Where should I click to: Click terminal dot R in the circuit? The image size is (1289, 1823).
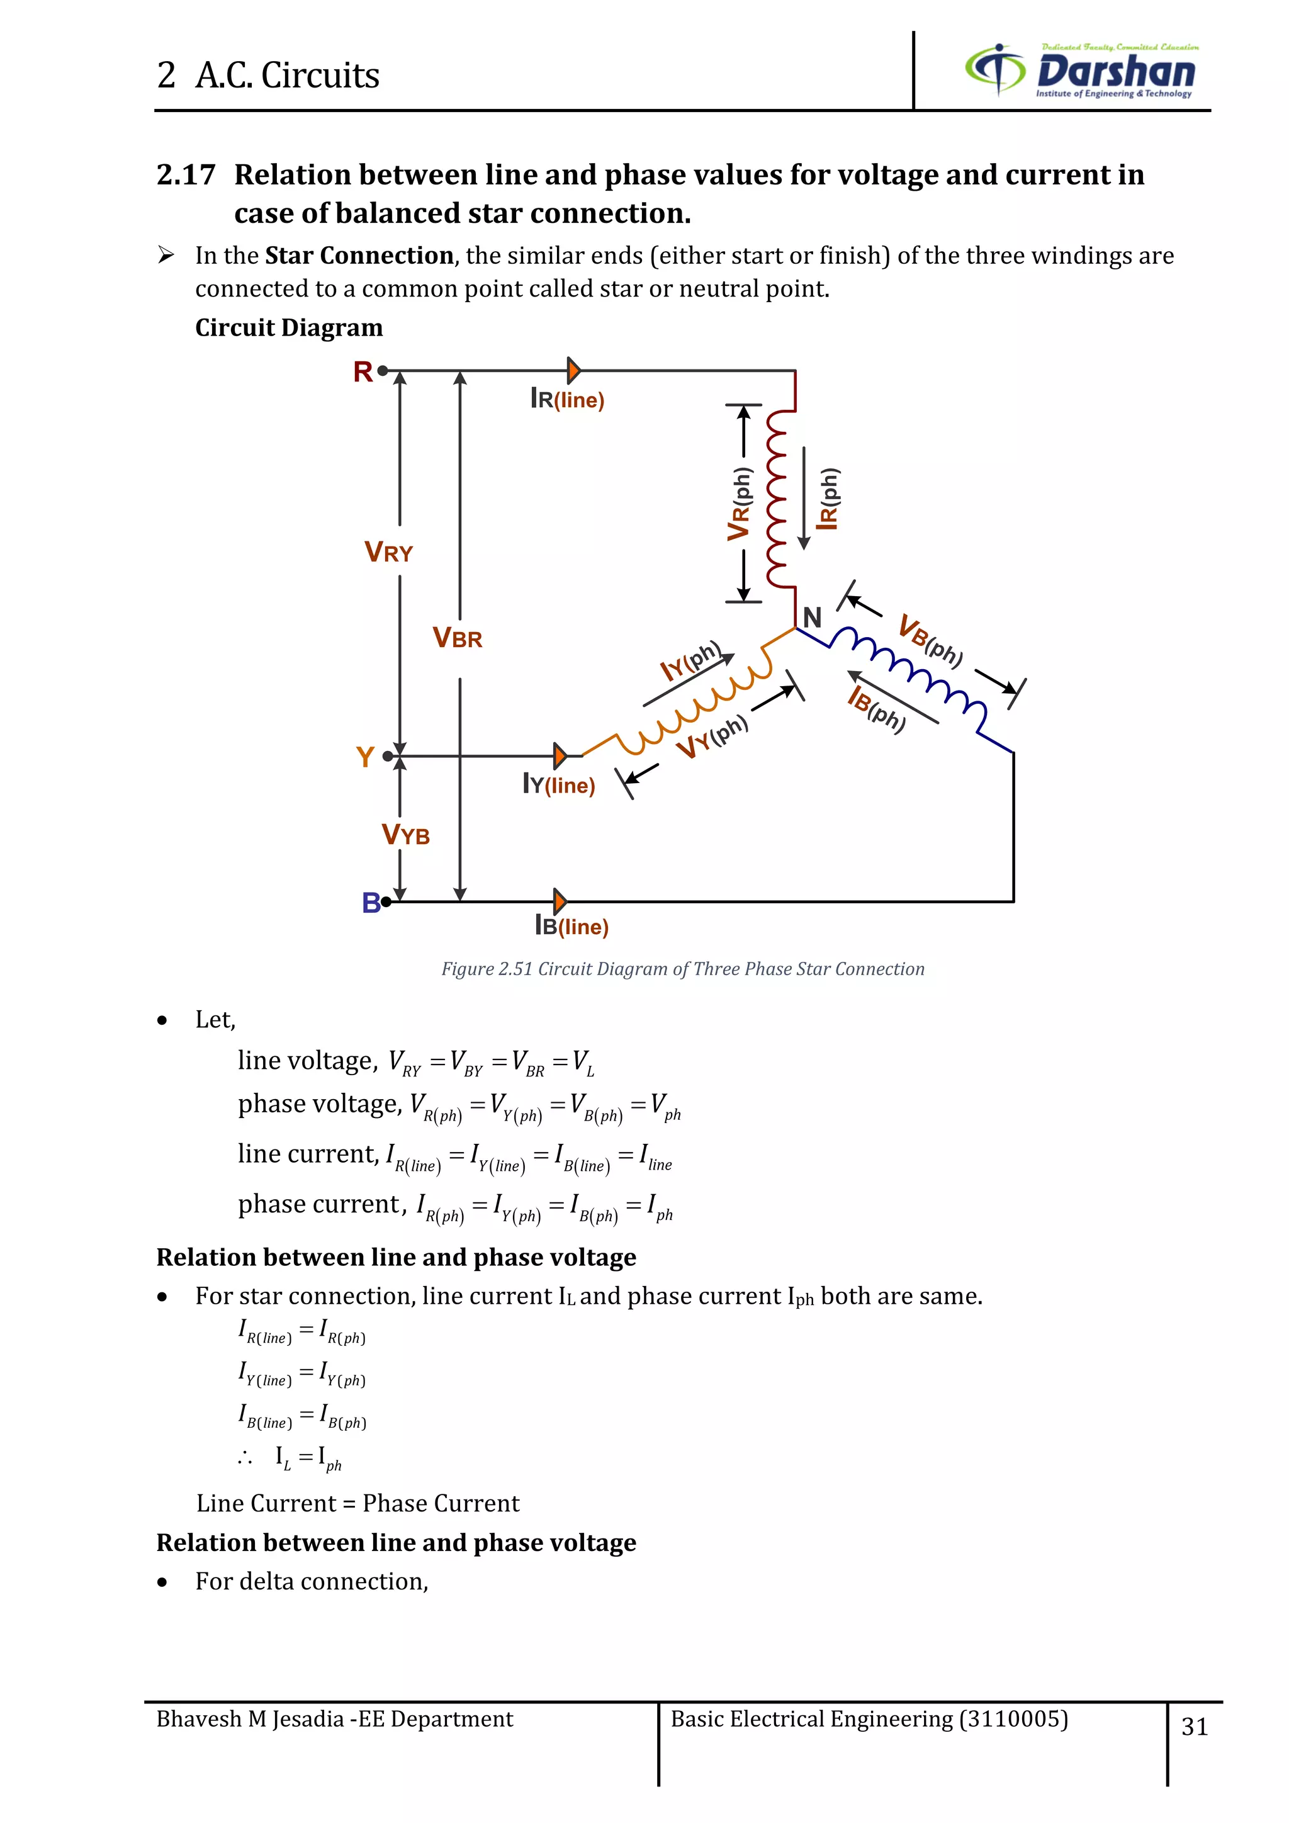tap(383, 371)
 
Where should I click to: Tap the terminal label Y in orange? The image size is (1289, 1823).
tap(365, 757)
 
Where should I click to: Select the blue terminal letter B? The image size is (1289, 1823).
tap(371, 903)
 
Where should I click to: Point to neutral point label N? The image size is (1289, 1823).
tap(812, 617)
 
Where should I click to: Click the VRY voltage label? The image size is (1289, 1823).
tap(388, 552)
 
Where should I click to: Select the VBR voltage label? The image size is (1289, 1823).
tap(457, 638)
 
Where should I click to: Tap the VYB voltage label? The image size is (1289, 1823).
tap(405, 835)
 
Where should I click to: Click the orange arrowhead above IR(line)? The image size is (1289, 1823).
tap(574, 371)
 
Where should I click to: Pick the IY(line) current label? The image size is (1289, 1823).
tap(559, 784)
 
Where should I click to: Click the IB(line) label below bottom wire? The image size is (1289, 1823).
tap(571, 926)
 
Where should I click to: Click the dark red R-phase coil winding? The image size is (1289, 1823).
tap(777, 499)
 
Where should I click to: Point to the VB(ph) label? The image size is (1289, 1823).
tap(930, 639)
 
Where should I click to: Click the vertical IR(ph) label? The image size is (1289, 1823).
tap(828, 499)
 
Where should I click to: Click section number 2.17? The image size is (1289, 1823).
tap(186, 174)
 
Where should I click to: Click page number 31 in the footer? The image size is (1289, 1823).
tap(1195, 1726)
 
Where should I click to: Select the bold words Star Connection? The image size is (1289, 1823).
tap(359, 256)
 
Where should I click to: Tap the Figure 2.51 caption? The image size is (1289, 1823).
tap(683, 969)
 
